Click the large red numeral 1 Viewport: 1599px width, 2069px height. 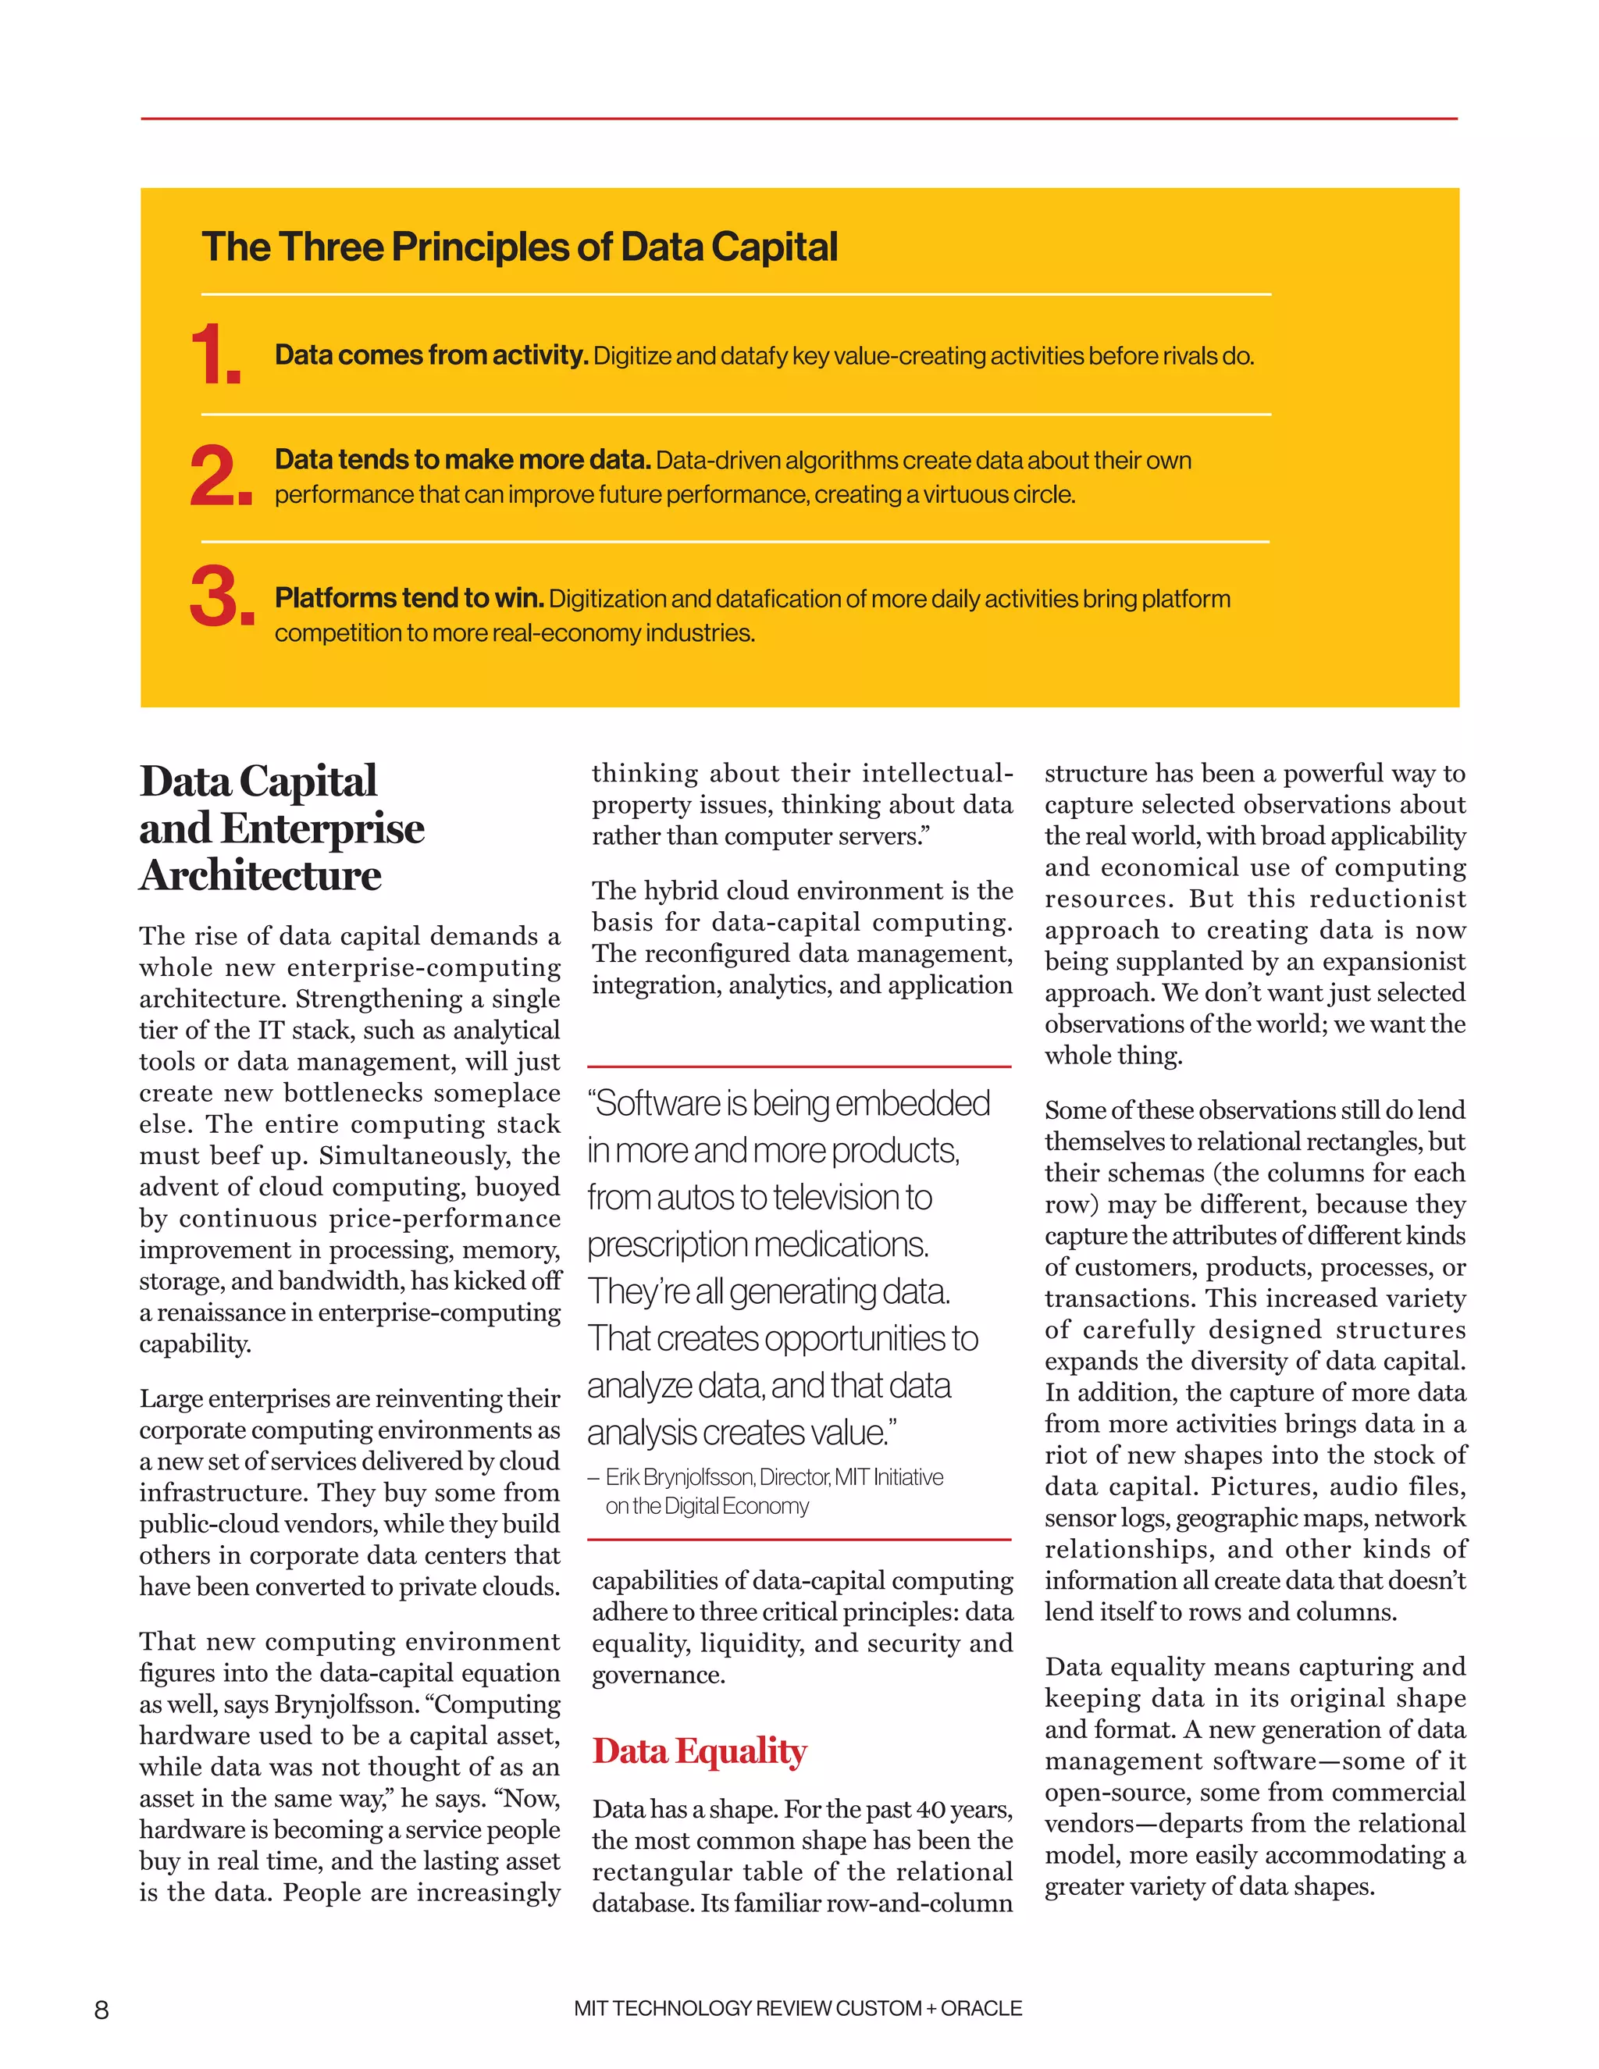coord(214,355)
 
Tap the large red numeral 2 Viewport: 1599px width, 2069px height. coord(219,475)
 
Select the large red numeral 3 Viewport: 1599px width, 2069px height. coord(221,598)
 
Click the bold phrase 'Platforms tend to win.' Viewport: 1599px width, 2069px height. coord(408,599)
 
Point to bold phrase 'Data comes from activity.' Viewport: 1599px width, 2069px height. coord(431,355)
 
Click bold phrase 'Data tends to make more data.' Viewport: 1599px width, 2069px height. coord(462,461)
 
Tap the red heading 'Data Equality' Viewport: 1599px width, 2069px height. coord(699,1750)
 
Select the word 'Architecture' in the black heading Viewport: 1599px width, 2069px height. coord(261,875)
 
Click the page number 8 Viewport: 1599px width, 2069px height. coord(101,2010)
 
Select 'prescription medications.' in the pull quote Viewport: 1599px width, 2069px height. coord(758,1245)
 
